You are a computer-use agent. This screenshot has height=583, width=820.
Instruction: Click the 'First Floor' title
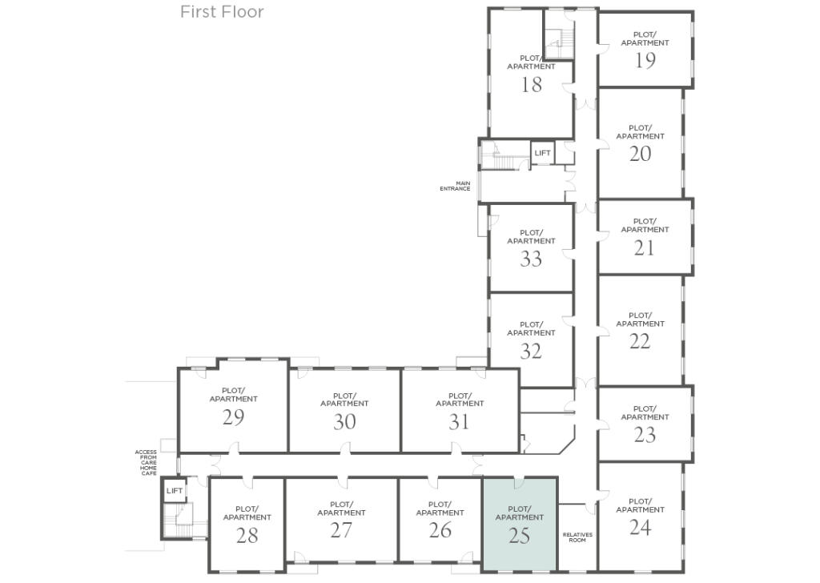point(222,12)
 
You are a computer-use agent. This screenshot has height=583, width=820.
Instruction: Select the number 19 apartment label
point(645,61)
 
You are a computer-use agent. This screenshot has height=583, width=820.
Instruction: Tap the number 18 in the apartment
point(531,85)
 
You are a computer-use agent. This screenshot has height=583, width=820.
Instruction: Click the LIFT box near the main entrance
point(542,153)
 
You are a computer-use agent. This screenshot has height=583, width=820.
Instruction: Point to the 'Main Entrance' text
point(455,186)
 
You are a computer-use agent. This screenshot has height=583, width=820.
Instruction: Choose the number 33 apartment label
point(531,259)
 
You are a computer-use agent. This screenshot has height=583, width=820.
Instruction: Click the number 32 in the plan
point(531,351)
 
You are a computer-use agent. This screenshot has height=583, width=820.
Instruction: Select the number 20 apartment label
point(640,154)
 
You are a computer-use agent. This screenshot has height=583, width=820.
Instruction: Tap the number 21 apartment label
point(645,248)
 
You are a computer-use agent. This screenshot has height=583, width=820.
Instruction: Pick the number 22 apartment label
point(640,341)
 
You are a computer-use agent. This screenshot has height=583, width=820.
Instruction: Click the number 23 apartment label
point(645,435)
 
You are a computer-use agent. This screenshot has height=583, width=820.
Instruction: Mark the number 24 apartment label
point(640,527)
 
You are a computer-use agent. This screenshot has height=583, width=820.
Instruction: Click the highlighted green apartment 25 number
point(519,536)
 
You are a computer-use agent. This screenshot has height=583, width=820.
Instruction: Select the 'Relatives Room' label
point(577,537)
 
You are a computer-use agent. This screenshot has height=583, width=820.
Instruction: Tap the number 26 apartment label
point(440,530)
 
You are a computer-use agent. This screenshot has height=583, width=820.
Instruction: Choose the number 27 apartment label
point(341,530)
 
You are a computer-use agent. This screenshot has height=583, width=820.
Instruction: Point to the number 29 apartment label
point(233,417)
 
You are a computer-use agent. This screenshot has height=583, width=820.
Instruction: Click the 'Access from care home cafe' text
point(146,463)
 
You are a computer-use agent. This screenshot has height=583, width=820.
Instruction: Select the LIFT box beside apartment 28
point(175,491)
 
